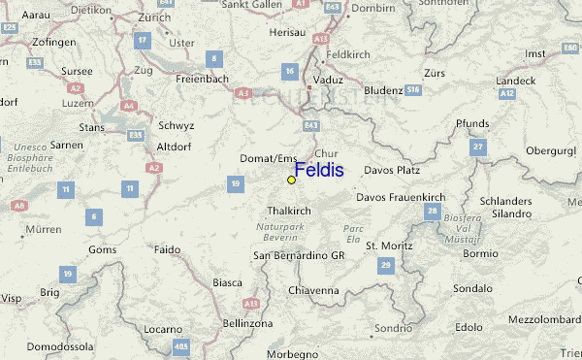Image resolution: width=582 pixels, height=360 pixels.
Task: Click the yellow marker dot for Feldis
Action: click(x=291, y=180)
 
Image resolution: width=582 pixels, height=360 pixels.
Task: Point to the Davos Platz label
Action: click(x=391, y=171)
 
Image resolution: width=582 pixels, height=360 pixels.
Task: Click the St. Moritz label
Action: click(x=385, y=245)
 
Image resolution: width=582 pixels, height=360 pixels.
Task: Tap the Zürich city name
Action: click(x=154, y=17)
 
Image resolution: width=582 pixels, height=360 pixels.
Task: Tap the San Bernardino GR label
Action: click(x=299, y=256)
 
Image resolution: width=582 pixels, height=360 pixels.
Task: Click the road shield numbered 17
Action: click(x=142, y=40)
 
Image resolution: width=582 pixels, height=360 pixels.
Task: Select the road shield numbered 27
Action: click(x=477, y=146)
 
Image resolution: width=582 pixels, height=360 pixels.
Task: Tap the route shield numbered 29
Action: click(x=385, y=265)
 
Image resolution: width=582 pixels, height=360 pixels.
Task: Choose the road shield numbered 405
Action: click(x=179, y=346)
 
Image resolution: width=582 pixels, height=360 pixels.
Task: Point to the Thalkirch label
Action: click(x=289, y=210)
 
